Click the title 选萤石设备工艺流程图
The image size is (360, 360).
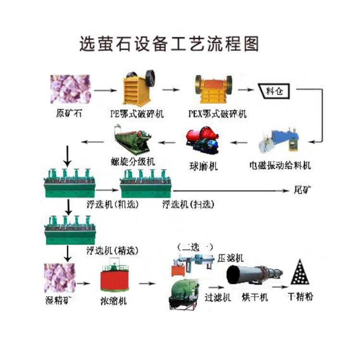coord(168,44)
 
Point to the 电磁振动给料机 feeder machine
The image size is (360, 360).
coord(279,141)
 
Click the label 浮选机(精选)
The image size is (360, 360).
coord(111,250)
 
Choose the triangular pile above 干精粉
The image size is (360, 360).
coord(300,274)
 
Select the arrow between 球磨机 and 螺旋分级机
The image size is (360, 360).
coord(168,141)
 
